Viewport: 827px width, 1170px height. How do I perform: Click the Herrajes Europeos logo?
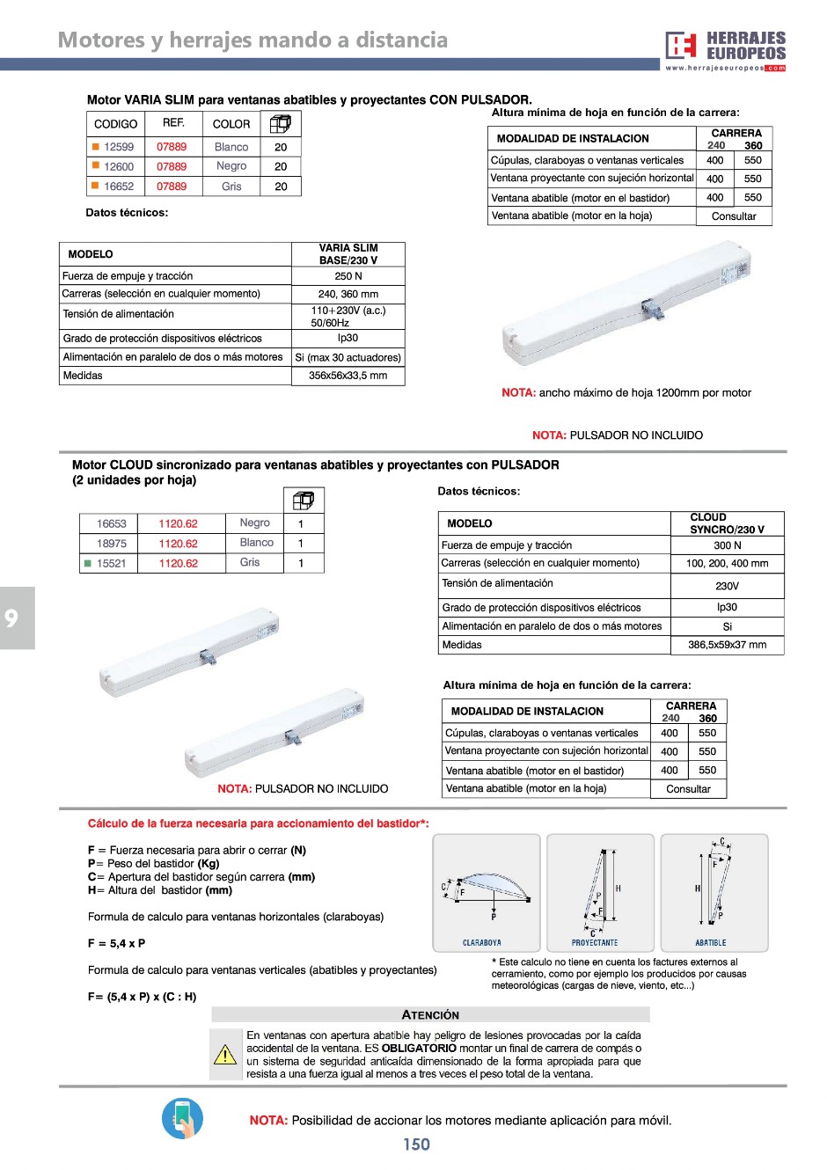[x=725, y=50]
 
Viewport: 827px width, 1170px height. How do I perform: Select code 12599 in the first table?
[x=118, y=147]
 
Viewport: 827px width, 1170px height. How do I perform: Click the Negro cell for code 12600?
[x=231, y=165]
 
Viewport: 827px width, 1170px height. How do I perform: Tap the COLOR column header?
[x=231, y=124]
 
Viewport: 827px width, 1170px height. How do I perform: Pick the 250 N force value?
[x=348, y=276]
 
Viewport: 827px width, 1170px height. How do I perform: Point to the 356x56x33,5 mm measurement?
[x=348, y=376]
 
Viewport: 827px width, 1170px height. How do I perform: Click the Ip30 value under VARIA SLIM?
[x=348, y=338]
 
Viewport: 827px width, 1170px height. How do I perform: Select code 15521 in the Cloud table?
[x=111, y=564]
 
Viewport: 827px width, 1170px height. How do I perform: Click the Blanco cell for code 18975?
[x=256, y=543]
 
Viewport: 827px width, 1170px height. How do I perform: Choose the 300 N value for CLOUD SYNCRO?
[x=727, y=545]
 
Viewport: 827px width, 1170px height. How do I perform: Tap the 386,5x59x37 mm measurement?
[x=727, y=645]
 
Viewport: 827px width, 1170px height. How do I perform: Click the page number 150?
[x=416, y=1144]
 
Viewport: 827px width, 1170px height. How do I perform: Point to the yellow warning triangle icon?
[x=226, y=1054]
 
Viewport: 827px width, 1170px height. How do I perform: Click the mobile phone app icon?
[x=183, y=1119]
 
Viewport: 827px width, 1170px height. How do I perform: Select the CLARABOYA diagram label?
[x=482, y=943]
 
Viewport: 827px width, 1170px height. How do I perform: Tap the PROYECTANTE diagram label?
[x=595, y=943]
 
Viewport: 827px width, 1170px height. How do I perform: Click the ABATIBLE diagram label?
[x=711, y=943]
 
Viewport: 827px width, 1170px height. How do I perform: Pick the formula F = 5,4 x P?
[x=117, y=943]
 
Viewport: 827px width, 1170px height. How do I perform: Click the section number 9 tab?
[x=12, y=618]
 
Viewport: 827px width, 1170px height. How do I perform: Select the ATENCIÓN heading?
[x=430, y=1015]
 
